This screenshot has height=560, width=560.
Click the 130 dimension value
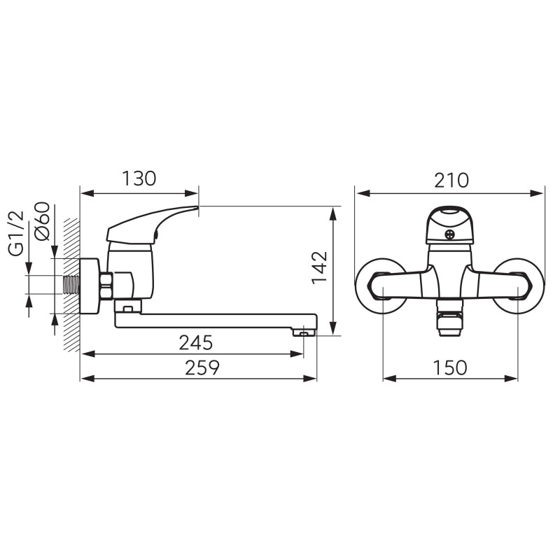click(x=139, y=178)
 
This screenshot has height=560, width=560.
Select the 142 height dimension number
click(x=320, y=267)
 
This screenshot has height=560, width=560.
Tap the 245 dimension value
click(x=196, y=342)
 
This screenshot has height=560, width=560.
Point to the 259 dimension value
click(x=202, y=367)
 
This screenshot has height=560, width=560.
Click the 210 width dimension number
click(x=451, y=181)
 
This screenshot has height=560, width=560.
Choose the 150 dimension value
click(x=449, y=367)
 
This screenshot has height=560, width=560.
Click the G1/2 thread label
click(x=16, y=234)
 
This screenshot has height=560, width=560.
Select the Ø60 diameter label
click(x=42, y=221)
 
